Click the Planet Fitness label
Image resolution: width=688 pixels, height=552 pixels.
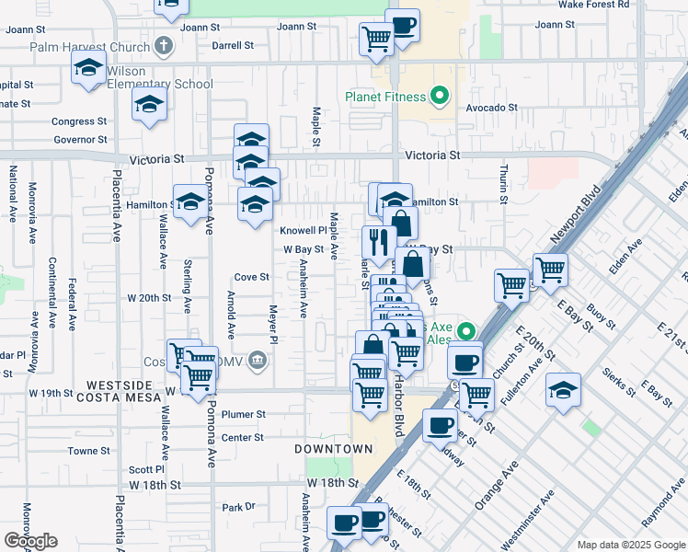(385, 97)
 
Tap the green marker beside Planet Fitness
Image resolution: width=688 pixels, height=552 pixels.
(440, 96)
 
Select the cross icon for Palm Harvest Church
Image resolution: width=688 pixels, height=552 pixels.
(163, 45)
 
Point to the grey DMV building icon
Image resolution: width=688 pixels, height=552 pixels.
(259, 359)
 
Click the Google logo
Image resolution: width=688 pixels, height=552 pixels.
(30, 541)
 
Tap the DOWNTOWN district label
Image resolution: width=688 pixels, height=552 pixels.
(334, 449)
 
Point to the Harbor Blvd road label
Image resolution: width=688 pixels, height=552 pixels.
(398, 405)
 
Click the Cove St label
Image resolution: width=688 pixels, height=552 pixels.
(251, 277)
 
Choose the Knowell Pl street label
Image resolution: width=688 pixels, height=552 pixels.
(304, 230)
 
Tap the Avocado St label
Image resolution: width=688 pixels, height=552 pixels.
(491, 108)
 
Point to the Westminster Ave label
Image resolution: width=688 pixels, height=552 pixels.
(536, 511)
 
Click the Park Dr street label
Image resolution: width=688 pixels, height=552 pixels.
(237, 507)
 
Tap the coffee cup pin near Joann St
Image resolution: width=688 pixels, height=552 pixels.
(402, 25)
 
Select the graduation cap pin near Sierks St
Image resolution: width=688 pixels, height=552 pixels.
(563, 389)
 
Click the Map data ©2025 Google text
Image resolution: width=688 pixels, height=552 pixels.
(631, 545)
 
